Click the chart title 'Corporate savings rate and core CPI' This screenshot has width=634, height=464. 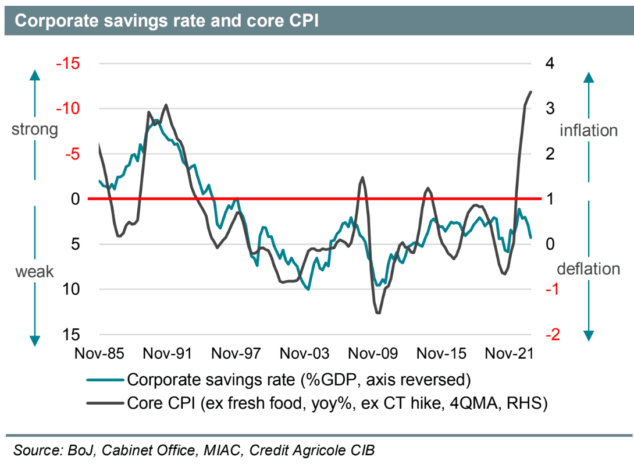coord(166,21)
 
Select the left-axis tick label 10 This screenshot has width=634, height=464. coord(75,289)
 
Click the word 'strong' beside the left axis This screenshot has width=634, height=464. coord(35,129)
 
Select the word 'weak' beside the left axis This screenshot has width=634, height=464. coord(34,271)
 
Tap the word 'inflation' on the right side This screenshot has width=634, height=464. coord(588,130)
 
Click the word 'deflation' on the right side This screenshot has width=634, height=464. coord(589,269)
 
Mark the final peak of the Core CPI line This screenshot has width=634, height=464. coord(530,91)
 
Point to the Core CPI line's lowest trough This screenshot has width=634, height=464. coord(378,313)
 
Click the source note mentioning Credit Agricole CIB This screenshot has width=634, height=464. coord(195,450)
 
